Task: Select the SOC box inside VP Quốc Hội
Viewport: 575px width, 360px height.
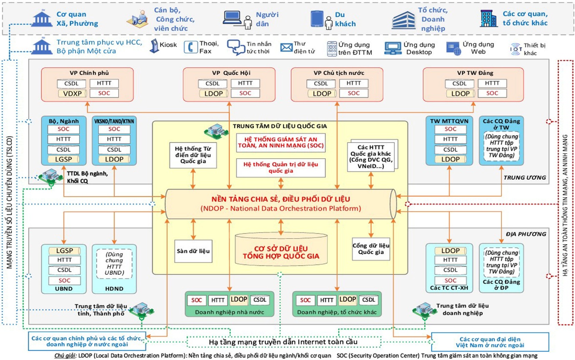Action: pyautogui.click(x=245, y=93)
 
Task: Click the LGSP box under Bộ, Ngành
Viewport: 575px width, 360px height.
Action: pyautogui.click(x=64, y=160)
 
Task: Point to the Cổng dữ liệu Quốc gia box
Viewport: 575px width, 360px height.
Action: pyautogui.click(x=371, y=248)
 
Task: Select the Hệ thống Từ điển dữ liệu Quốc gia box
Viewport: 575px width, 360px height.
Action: pyautogui.click(x=193, y=155)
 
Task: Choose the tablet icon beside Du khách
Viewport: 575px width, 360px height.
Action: pyautogui.click(x=317, y=19)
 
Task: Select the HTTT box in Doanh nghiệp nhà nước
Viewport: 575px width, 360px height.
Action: pyautogui.click(x=218, y=300)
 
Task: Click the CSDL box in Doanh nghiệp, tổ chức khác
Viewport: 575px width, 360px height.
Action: pyautogui.click(x=368, y=300)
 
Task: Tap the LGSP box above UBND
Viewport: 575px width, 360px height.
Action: pyautogui.click(x=64, y=250)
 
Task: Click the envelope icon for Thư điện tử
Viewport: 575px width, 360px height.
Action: pyautogui.click(x=285, y=47)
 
